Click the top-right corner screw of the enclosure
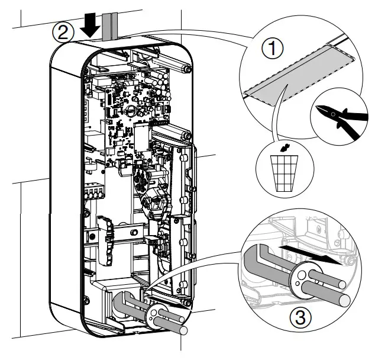point(187,70)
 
